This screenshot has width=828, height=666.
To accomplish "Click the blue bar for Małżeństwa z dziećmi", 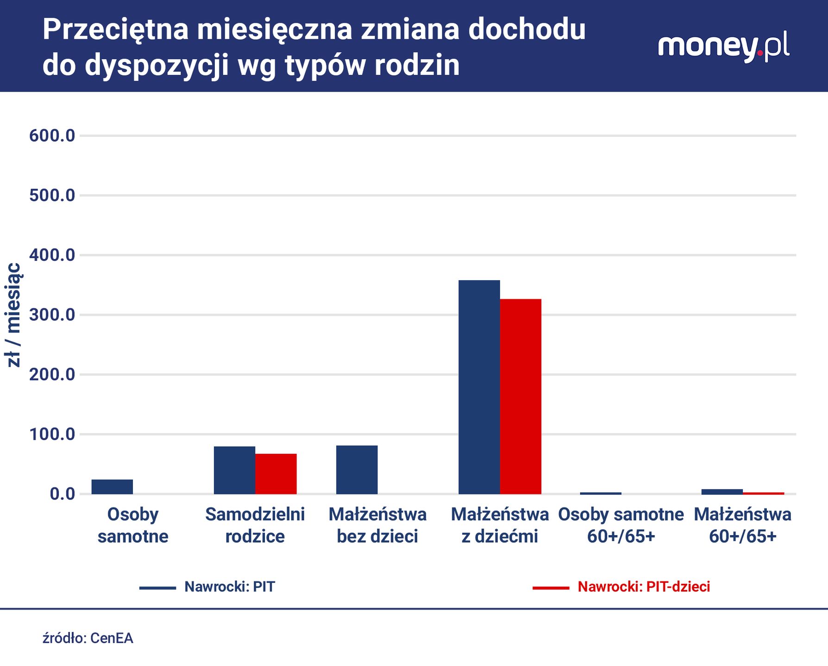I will pyautogui.click(x=479, y=387).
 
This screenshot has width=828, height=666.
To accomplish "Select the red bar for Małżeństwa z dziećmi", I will pyautogui.click(x=521, y=396).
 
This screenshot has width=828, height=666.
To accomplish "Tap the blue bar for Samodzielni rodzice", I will pyautogui.click(x=234, y=470).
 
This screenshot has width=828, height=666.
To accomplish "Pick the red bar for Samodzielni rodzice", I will pyautogui.click(x=276, y=474).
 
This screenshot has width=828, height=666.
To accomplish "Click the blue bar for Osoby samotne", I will pyautogui.click(x=112, y=487).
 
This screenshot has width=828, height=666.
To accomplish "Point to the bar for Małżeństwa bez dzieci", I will pyautogui.click(x=357, y=469).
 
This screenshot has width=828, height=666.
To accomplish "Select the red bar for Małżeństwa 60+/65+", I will pyautogui.click(x=763, y=493).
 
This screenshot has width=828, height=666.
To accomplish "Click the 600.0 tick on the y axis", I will pyautogui.click(x=52, y=136).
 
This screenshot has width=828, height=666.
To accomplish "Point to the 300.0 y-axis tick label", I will pyautogui.click(x=52, y=315).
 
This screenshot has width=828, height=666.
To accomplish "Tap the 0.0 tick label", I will pyautogui.click(x=62, y=494).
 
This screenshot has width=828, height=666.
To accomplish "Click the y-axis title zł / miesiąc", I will pyautogui.click(x=14, y=315).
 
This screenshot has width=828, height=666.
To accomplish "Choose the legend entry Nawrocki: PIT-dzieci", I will pyautogui.click(x=643, y=587).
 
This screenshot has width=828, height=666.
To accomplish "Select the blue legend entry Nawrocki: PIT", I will pyautogui.click(x=229, y=587).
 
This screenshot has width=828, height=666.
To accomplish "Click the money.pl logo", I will pyautogui.click(x=723, y=47).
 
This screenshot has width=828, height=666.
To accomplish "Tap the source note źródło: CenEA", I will pyautogui.click(x=88, y=638).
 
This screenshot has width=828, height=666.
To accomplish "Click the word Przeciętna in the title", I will pyautogui.click(x=116, y=30).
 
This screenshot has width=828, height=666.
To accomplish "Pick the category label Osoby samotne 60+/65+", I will pyautogui.click(x=621, y=525).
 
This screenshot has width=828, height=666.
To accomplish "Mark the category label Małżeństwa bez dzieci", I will pyautogui.click(x=377, y=525).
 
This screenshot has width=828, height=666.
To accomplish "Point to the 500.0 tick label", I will pyautogui.click(x=52, y=196).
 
